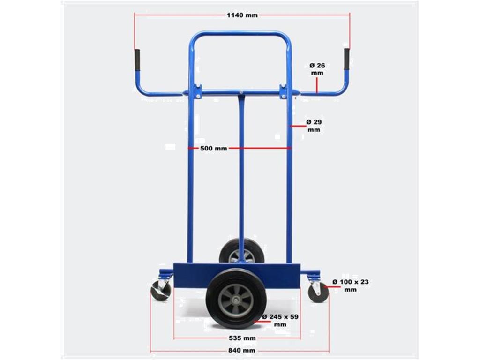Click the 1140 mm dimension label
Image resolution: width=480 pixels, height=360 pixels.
click(x=242, y=15)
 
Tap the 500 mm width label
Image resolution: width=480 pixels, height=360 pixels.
click(x=213, y=149)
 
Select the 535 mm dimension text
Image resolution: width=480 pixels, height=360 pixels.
click(x=242, y=338)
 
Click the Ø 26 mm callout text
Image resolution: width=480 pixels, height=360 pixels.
click(x=317, y=69)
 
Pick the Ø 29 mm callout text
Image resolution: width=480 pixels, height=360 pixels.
click(x=314, y=126)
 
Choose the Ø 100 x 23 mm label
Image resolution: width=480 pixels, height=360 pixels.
click(x=350, y=285)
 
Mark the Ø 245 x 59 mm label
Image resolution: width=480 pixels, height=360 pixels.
click(x=280, y=321)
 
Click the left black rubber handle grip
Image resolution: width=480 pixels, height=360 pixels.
click(x=137, y=60)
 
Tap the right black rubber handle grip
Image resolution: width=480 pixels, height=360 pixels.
click(x=347, y=59)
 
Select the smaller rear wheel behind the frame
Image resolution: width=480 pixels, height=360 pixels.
click(x=242, y=250)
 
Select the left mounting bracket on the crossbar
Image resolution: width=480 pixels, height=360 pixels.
click(x=197, y=91)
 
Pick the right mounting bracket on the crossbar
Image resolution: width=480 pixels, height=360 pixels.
click(x=284, y=91)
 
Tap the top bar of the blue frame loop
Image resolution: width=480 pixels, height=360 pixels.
click(x=240, y=34)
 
